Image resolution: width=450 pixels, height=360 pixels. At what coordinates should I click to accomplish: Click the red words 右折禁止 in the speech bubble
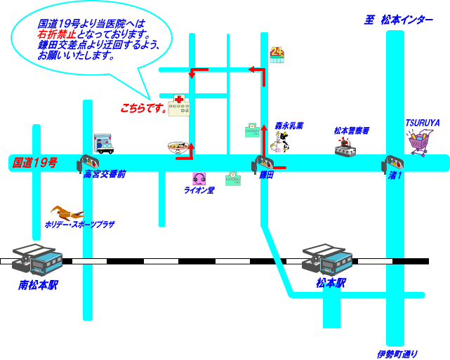(x=58, y=33)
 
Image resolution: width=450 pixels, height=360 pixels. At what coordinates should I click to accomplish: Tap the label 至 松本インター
(x=398, y=20)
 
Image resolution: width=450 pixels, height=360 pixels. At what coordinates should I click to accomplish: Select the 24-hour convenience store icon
(x=277, y=54)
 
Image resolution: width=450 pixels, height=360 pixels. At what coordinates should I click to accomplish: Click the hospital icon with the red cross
(x=178, y=105)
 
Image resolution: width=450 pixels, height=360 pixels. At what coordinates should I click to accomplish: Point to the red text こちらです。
(x=143, y=109)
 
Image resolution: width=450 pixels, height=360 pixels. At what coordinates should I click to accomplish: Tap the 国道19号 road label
(x=34, y=163)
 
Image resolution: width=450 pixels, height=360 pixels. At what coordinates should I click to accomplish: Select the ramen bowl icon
(x=178, y=147)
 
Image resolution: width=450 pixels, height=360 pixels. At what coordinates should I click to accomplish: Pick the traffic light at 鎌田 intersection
(x=258, y=165)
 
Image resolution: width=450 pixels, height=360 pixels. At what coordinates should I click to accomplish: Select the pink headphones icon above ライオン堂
(x=199, y=179)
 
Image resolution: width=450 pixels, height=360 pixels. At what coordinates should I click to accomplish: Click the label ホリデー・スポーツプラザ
(x=79, y=225)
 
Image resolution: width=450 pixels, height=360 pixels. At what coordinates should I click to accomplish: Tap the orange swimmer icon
(x=66, y=211)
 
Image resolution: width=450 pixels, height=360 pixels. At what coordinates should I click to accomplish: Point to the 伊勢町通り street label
(x=397, y=353)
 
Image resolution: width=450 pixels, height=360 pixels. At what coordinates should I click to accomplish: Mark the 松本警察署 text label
(x=352, y=131)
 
